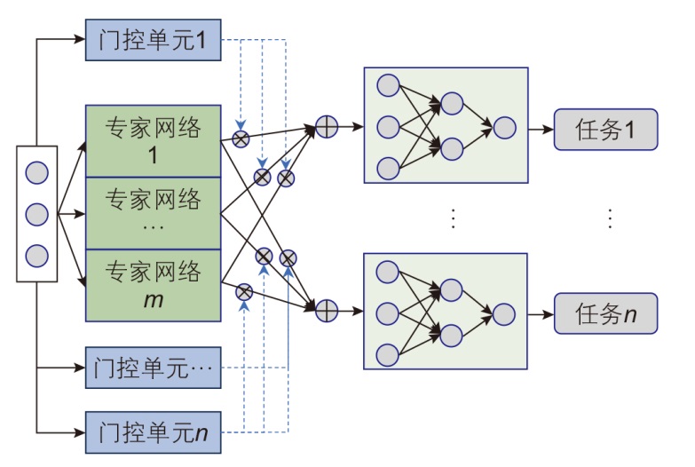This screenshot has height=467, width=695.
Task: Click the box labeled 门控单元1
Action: [x=153, y=40]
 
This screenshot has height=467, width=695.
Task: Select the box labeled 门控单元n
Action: [x=153, y=432]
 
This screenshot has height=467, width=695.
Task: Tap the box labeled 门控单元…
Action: [x=153, y=368]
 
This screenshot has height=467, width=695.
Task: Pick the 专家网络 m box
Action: [x=153, y=284]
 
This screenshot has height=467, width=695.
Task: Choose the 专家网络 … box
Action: [x=153, y=212]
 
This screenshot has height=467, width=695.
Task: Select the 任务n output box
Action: [x=606, y=314]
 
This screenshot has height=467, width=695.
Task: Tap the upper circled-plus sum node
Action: [x=327, y=127]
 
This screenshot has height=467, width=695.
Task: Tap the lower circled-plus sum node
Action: [x=327, y=310]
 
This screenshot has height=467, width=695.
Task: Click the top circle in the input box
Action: [x=36, y=171]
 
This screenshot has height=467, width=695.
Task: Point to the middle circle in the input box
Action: [x=36, y=214]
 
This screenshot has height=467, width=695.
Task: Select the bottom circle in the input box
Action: [x=36, y=256]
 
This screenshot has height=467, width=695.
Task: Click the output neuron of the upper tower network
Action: [x=504, y=128]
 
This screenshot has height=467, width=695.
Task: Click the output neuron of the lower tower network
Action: [x=504, y=314]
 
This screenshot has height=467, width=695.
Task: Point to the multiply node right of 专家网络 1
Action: [x=240, y=138]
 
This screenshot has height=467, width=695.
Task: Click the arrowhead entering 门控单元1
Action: [x=80, y=39]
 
